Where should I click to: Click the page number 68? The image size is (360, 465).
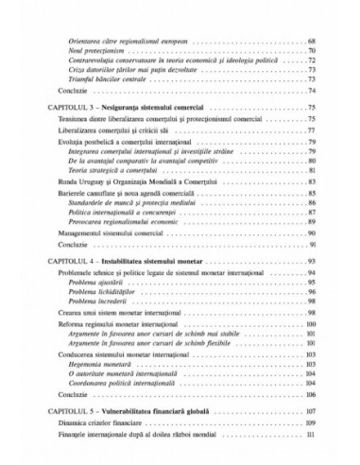click(312, 43)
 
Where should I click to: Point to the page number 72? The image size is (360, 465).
click(312, 60)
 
